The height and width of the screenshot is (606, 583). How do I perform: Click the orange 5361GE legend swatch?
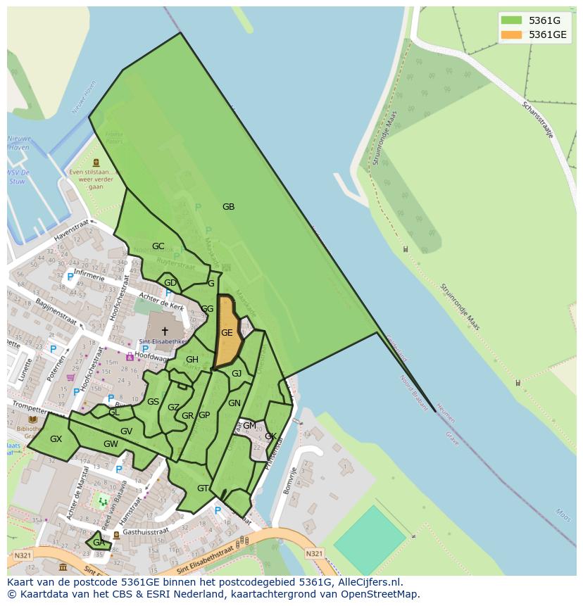tap(512, 34)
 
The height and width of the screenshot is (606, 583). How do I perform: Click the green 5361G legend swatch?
tap(512, 20)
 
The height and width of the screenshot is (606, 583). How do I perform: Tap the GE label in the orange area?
tap(227, 333)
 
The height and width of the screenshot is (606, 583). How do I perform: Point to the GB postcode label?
tap(228, 207)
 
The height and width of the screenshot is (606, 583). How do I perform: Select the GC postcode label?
tap(158, 246)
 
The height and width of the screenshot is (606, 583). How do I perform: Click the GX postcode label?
tap(56, 439)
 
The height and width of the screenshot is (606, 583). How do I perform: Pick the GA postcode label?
tap(99, 542)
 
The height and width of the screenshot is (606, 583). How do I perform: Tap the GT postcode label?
tap(203, 488)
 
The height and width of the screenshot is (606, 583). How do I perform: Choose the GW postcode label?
tap(111, 444)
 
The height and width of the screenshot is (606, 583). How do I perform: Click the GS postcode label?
tap(153, 402)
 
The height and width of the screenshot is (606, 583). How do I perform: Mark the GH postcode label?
tap(192, 360)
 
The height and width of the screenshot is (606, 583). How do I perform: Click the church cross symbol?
tap(165, 331)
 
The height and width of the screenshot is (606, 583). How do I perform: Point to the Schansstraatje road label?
tap(538, 120)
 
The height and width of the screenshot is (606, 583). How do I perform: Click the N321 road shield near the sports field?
tap(315, 554)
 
